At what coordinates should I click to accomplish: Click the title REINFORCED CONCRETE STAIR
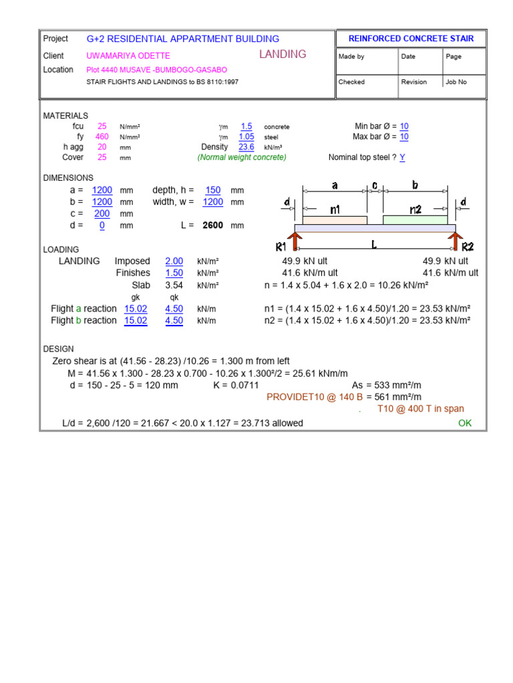click(x=411, y=39)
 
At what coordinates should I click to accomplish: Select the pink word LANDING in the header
click(x=283, y=55)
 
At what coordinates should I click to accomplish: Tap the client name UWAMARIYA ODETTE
click(x=128, y=56)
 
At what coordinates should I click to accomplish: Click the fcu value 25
click(x=102, y=126)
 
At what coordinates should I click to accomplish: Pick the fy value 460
click(x=102, y=137)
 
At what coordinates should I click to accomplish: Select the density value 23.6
click(x=246, y=147)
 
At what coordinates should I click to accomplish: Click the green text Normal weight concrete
click(x=242, y=157)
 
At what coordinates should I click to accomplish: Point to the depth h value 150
click(x=213, y=190)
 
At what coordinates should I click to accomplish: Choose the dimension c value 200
click(x=102, y=213)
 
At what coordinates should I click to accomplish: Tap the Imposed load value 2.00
click(x=174, y=261)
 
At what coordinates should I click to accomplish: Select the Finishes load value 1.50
click(x=174, y=273)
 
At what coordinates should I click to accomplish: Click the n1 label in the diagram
click(x=335, y=209)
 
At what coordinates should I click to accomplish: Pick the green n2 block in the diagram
click(x=415, y=220)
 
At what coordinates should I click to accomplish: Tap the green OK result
click(x=465, y=424)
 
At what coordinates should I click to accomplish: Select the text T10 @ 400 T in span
click(x=421, y=409)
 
